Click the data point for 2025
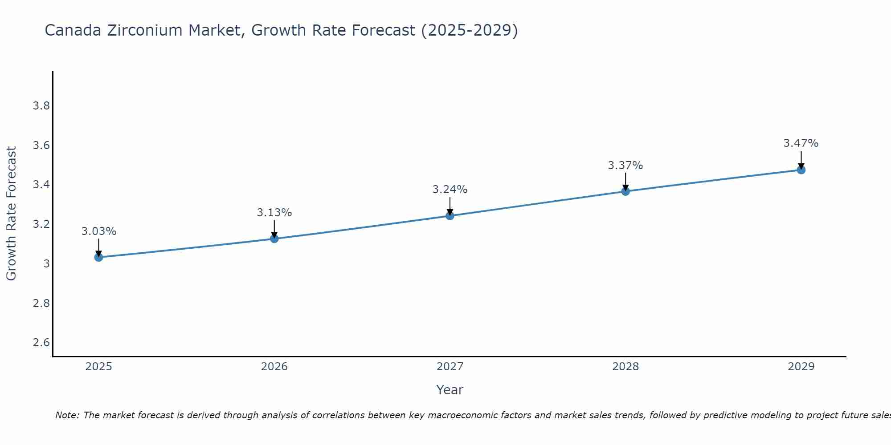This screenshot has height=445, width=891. (x=98, y=257)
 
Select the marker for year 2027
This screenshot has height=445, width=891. (x=450, y=216)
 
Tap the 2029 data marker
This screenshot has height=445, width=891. (x=801, y=170)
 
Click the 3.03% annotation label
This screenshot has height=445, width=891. (x=99, y=231)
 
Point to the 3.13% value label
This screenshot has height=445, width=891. (x=274, y=213)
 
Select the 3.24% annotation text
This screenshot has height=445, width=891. (x=450, y=190)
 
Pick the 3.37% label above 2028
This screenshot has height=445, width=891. (x=625, y=166)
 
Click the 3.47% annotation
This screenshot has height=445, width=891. (x=801, y=143)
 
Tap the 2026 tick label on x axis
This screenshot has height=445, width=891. (x=274, y=367)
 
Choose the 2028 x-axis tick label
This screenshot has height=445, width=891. (x=625, y=367)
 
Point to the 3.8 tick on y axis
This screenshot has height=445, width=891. (x=41, y=106)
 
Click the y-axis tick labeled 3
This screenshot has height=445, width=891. (x=46, y=264)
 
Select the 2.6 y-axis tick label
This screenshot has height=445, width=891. (x=41, y=343)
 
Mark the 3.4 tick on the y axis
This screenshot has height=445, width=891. (x=41, y=185)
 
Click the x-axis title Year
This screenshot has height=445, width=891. (x=450, y=390)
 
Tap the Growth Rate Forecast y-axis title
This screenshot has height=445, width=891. (x=11, y=214)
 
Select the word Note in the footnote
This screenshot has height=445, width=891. (x=67, y=415)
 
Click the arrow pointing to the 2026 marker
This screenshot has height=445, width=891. (x=274, y=229)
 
